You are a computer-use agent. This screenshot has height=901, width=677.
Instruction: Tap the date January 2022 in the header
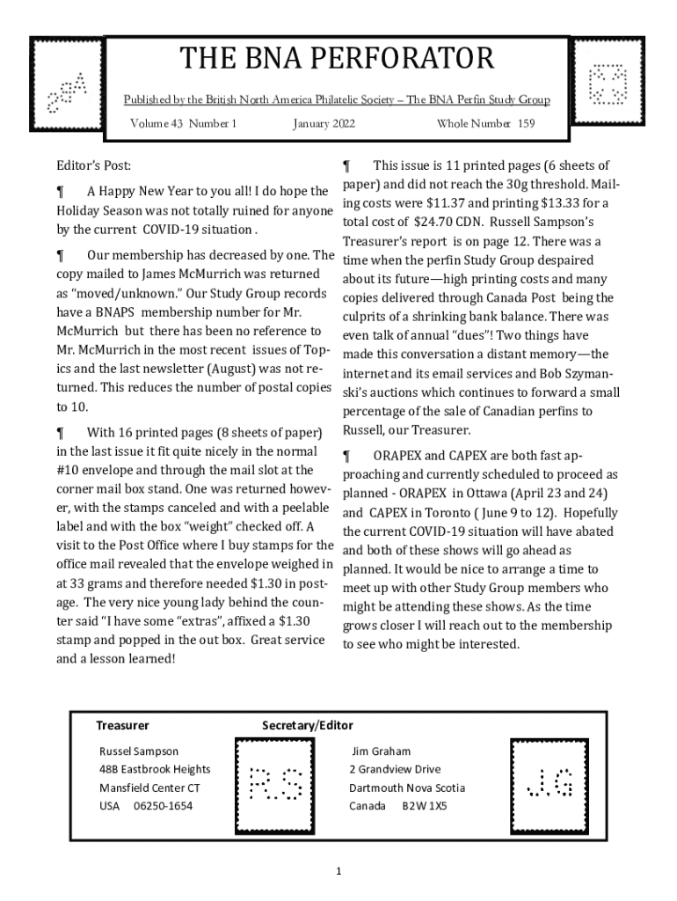point(324,124)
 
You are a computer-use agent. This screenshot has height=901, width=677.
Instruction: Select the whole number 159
point(526,124)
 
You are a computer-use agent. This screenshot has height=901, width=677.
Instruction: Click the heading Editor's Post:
point(94,165)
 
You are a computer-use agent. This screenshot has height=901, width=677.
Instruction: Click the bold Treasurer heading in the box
point(122,726)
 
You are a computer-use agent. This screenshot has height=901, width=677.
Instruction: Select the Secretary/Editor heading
point(308,726)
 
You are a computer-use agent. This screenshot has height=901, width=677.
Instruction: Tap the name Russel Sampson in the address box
point(139,751)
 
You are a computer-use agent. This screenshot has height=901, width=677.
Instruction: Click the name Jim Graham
point(382,751)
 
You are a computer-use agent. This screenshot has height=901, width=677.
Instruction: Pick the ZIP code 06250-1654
point(164,806)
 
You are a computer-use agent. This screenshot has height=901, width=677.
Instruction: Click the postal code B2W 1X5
point(425,806)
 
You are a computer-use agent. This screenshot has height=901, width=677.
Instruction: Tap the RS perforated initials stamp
point(276,782)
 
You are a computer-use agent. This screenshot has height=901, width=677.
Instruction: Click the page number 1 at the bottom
point(338,871)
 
